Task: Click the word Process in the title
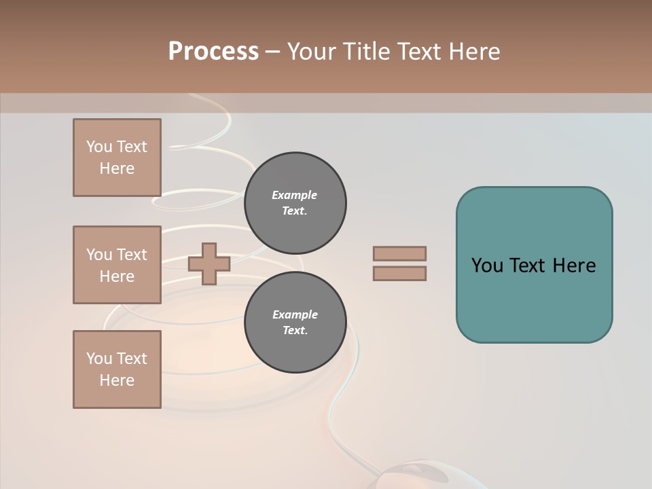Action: (213, 52)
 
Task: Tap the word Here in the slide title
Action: (473, 52)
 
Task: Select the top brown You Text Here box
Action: (117, 158)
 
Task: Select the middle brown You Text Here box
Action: (117, 265)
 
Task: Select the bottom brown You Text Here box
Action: (117, 369)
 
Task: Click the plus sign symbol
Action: (209, 264)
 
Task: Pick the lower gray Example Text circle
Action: (295, 323)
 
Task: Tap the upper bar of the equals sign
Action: (399, 253)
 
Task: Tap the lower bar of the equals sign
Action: (399, 274)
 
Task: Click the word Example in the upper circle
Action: (295, 195)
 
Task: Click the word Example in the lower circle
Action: (295, 314)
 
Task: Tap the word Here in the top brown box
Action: (117, 168)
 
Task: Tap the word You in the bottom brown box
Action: (99, 359)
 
